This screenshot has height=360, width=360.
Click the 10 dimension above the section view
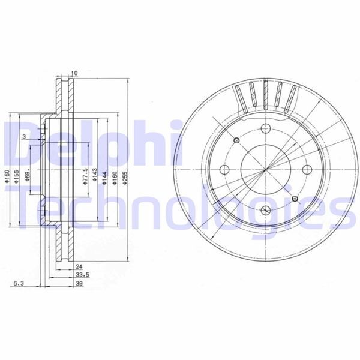click(74, 73)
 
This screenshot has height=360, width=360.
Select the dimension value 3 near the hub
click(23, 137)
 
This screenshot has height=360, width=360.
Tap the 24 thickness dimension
click(78, 266)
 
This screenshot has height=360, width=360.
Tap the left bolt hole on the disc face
click(223, 169)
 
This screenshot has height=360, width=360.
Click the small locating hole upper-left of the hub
click(235, 140)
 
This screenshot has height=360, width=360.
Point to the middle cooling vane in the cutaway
click(265, 96)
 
